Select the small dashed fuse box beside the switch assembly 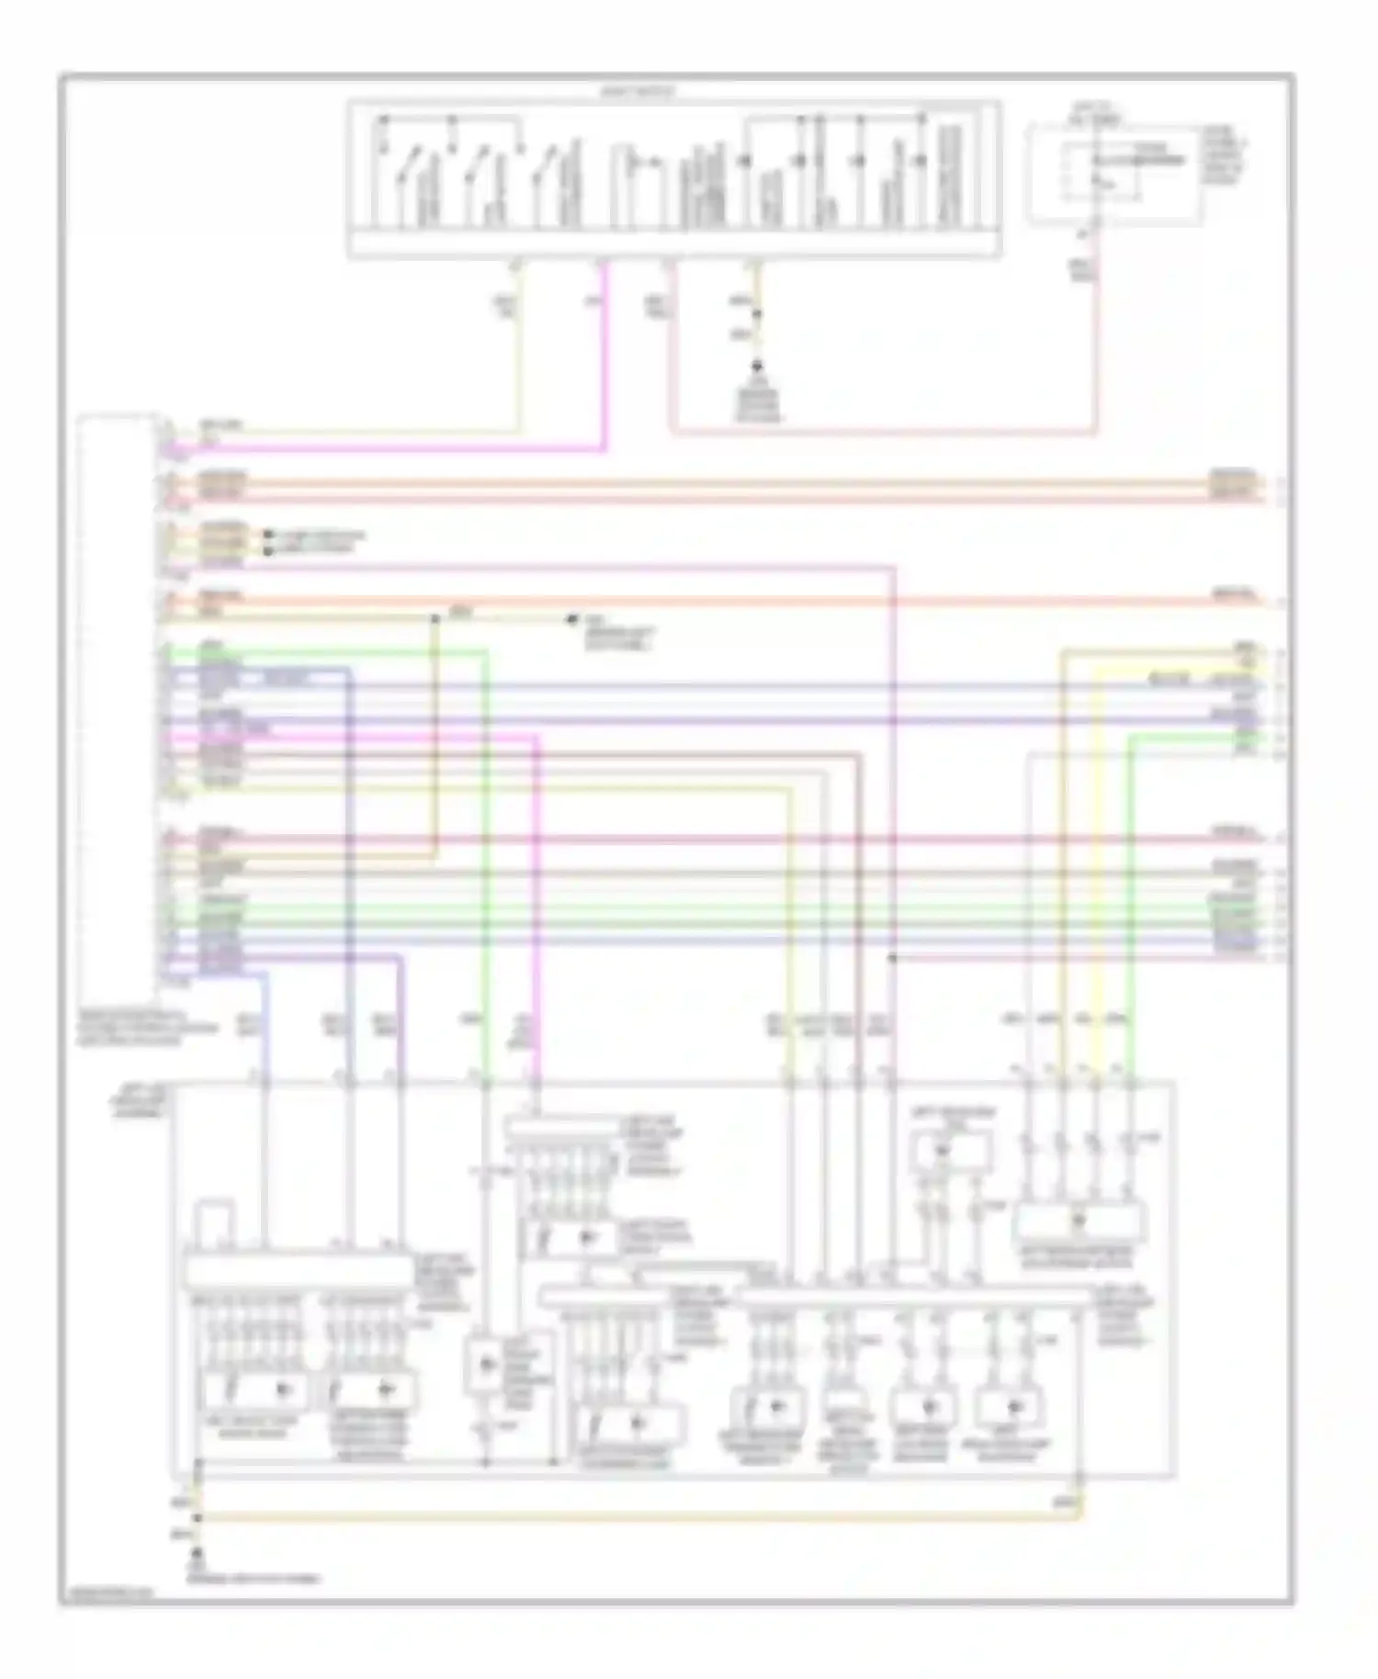coord(1113,175)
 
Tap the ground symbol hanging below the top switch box coord(758,371)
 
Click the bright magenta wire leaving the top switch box coord(604,367)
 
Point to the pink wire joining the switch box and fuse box coord(882,431)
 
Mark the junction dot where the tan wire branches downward coord(435,618)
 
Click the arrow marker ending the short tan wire coord(574,619)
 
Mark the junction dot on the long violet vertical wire coord(893,958)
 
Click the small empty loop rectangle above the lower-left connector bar coord(217,1223)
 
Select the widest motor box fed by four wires coord(1079,1223)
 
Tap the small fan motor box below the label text coord(951,1151)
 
